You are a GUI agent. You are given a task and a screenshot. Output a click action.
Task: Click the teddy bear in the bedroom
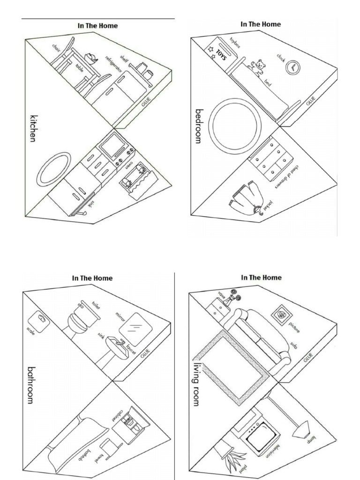257,67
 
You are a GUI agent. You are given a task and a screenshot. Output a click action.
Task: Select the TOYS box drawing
219,52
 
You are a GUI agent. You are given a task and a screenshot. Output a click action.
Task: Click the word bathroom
32,385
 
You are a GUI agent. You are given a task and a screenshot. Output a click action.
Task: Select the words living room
196,384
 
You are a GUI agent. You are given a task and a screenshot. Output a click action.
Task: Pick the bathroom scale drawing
40,322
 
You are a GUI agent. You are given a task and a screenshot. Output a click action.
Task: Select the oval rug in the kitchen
53,169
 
